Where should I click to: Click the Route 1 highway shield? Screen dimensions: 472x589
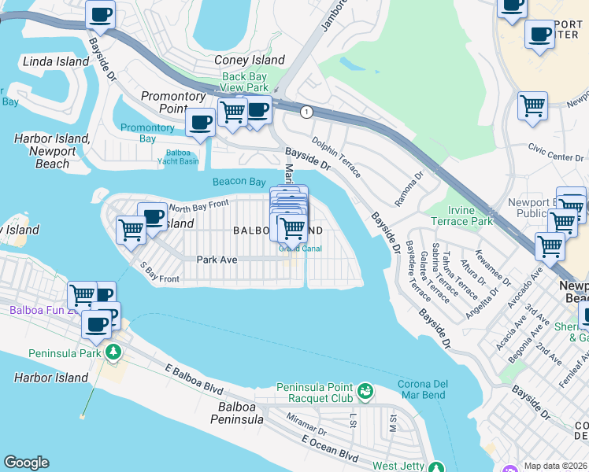point(306,112)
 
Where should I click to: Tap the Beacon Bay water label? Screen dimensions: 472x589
point(239,182)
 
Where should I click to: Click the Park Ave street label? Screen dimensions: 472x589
point(217,259)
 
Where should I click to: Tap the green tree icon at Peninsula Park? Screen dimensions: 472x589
point(114,352)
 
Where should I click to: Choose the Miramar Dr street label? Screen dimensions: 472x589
point(306,425)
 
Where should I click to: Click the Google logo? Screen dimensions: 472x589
point(26,463)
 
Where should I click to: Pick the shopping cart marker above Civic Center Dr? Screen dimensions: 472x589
point(532,105)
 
